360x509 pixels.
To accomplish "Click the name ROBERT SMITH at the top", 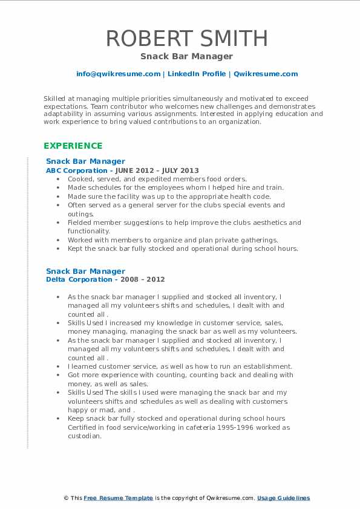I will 186,38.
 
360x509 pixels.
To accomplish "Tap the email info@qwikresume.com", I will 118,74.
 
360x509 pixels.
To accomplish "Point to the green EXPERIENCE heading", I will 73,146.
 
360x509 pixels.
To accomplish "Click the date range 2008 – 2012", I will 141,279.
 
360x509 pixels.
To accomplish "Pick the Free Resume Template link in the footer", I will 117,498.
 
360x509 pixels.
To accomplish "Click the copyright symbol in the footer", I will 66,498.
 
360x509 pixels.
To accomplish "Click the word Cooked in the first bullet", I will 80,179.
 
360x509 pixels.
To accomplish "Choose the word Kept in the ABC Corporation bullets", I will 76,248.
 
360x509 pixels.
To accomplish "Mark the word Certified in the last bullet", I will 85,427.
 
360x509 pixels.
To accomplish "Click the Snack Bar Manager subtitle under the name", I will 186,56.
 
